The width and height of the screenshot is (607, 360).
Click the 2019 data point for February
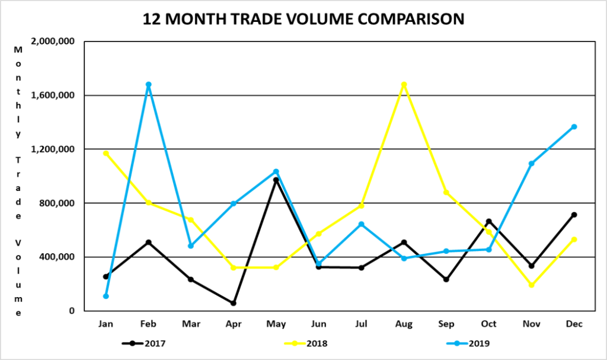[149, 84]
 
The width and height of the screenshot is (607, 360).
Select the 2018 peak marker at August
[404, 84]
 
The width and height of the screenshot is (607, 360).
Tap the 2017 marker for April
[234, 303]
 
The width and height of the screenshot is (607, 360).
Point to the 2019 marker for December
[574, 126]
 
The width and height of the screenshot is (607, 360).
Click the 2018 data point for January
[106, 153]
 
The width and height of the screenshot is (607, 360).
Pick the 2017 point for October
[489, 221]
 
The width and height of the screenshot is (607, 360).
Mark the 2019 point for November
[531, 163]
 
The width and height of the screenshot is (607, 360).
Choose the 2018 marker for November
[531, 285]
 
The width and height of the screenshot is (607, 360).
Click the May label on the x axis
[276, 324]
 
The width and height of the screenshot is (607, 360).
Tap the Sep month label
[446, 324]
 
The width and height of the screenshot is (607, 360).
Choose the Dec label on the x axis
[574, 324]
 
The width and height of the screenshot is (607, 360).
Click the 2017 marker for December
[574, 215]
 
